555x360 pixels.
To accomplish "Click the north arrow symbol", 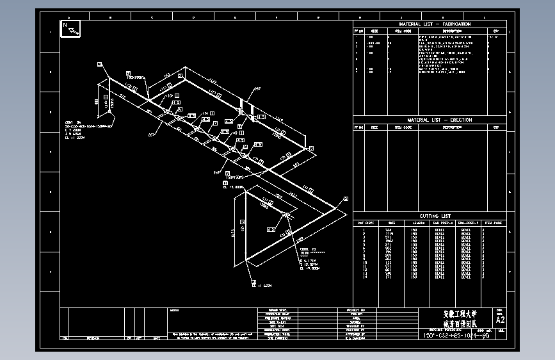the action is [70, 28].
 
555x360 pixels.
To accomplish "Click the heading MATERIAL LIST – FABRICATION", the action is [430, 24].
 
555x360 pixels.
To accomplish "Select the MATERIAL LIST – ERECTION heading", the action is [430, 120].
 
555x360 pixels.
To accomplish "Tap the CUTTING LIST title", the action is [430, 216].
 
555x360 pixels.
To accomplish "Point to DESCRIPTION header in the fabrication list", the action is [452, 30].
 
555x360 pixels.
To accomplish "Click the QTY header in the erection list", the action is [495, 127].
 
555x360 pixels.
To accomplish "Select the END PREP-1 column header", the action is [442, 223].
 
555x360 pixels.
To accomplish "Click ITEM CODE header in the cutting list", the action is [493, 223].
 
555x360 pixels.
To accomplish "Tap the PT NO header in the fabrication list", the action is [359, 30].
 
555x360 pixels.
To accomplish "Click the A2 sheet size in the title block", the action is [500, 319].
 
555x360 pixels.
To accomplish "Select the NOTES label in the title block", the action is [175, 310].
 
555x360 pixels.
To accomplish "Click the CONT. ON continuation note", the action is [72, 120].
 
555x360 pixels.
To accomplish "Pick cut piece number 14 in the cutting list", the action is [364, 278].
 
